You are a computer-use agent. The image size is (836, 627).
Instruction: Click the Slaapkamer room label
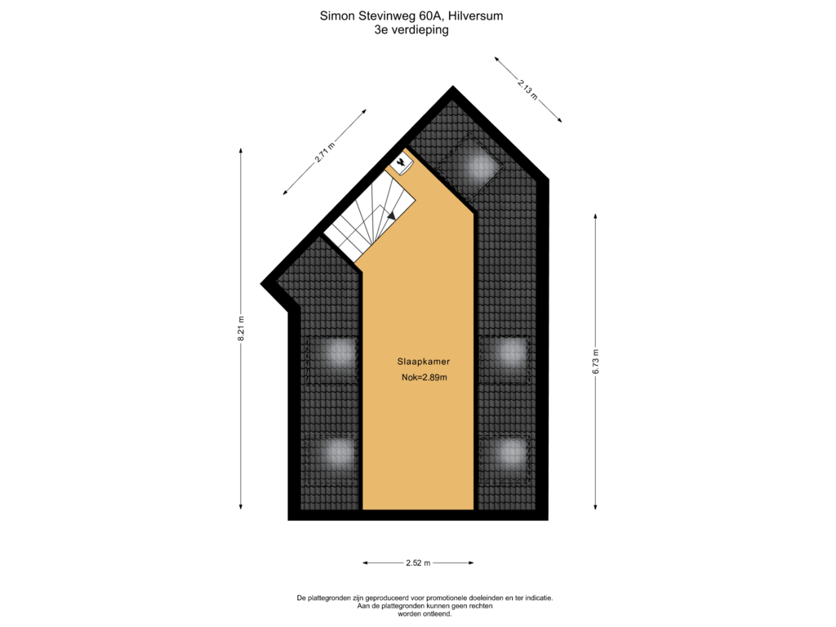424,362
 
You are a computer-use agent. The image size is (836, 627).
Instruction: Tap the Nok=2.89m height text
425,377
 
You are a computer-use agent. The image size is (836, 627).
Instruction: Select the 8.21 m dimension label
241,328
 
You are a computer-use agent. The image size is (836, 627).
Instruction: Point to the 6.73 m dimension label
595,362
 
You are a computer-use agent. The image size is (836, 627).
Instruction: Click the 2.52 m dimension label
418,563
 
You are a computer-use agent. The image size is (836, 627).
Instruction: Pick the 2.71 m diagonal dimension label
324,152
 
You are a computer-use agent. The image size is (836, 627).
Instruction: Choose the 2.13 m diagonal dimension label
527,89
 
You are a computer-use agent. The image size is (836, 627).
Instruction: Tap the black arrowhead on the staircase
392,216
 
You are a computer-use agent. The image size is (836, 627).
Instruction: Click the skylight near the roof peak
469,167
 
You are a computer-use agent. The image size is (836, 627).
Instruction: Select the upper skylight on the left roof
331,360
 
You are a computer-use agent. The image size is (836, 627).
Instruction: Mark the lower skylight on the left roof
331,459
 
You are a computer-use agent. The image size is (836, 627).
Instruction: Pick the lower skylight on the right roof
504,459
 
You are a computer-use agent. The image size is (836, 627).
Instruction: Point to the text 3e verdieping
411,30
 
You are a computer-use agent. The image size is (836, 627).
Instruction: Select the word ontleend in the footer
438,614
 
